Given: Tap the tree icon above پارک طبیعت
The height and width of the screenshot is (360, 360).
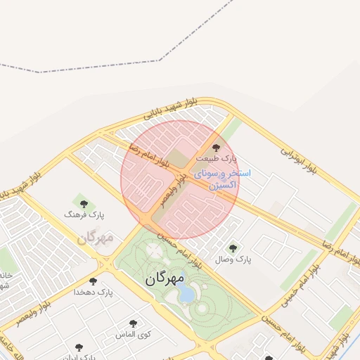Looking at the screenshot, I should point(216,148).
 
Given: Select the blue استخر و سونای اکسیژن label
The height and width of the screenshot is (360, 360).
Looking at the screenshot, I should point(225,179).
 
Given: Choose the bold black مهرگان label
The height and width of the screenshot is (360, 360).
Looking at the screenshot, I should point(165,278).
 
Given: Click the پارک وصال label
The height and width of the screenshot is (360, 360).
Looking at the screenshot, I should point(233,259).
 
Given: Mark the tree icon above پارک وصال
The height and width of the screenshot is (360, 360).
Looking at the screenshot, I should point(233,247).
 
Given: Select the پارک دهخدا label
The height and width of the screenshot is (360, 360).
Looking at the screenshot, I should point(95,291).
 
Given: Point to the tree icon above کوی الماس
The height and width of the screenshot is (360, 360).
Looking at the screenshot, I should point(133,323).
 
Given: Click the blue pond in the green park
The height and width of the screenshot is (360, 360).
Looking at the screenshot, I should point(186,295).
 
